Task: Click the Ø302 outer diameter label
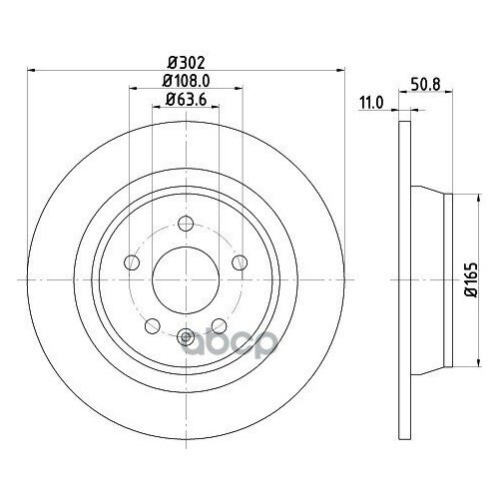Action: point(186,60)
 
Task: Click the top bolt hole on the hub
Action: point(186,224)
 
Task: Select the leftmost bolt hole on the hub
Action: point(131,263)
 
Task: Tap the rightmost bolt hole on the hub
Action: point(240,263)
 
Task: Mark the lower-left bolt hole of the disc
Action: point(152,326)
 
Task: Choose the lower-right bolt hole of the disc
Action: point(220,326)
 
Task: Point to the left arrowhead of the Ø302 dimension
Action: point(28,69)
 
